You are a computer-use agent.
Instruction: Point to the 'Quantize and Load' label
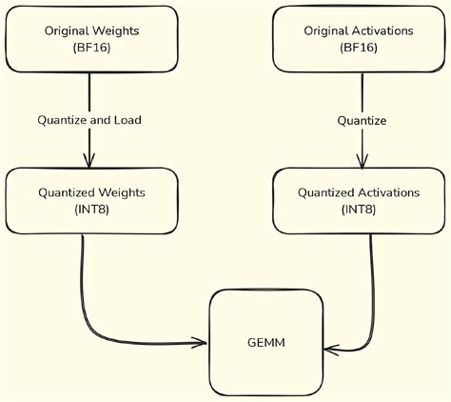pyautogui.click(x=89, y=120)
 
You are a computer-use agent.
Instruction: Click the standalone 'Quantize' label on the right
pyautogui.click(x=361, y=120)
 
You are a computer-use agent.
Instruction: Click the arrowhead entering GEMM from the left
pyautogui.click(x=201, y=340)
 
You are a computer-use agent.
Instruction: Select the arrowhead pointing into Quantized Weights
pyautogui.click(x=89, y=162)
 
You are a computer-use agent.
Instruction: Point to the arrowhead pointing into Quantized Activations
pyautogui.click(x=361, y=162)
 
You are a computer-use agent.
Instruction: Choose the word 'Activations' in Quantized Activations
pyautogui.click(x=385, y=192)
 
